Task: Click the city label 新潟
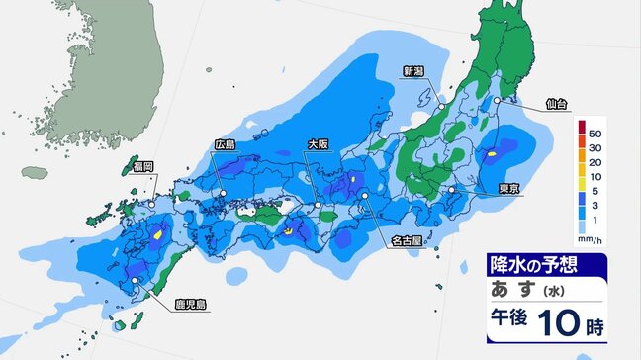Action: [412, 70]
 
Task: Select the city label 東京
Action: [510, 188]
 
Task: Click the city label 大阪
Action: [318, 144]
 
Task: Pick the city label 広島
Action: [226, 144]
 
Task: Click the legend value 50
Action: [595, 132]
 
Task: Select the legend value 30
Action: [595, 148]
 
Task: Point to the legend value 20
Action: [595, 164]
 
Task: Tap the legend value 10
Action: [595, 180]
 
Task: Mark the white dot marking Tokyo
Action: [451, 189]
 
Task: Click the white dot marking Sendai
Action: [496, 101]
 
